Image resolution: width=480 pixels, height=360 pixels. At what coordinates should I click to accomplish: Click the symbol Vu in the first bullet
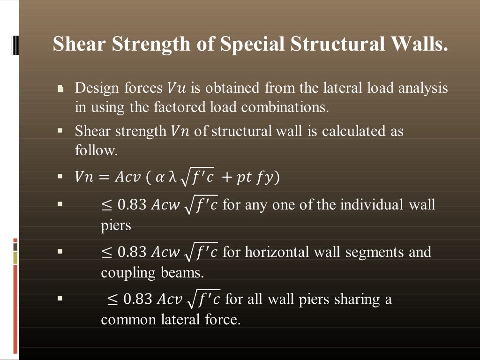(176, 88)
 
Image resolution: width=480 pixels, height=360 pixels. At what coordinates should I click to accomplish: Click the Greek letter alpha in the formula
(160, 178)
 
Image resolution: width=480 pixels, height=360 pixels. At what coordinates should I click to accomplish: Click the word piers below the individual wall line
(116, 225)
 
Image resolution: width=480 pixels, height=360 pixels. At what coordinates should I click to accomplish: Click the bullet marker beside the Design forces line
(60, 89)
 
